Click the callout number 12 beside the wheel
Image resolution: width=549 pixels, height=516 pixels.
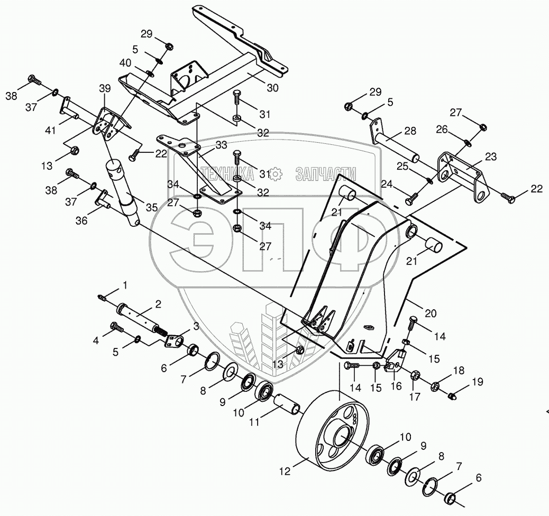click(285, 471)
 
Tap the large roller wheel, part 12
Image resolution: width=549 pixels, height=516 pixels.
click(332, 430)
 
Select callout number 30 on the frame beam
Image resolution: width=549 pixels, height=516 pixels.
click(272, 88)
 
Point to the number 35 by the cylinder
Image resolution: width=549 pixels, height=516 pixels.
click(152, 208)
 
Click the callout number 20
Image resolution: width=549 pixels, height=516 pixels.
click(431, 313)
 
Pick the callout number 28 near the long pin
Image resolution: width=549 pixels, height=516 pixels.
click(410, 131)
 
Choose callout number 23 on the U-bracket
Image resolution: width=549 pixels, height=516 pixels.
click(490, 156)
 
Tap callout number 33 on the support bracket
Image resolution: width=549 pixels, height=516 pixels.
click(221, 144)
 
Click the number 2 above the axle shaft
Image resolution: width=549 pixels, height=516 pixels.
click(158, 304)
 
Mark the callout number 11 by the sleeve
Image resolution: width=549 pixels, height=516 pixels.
click(254, 422)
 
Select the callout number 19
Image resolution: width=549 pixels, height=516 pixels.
click(478, 381)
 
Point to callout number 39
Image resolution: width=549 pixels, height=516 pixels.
click(104, 88)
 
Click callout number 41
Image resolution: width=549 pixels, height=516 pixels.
click(50, 131)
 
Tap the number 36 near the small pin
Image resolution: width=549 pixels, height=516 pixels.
click(82, 220)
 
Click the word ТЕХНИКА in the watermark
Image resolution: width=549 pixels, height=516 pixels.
click(227, 174)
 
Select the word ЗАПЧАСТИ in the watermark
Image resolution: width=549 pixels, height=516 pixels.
click(326, 174)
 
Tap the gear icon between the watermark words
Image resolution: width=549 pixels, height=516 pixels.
click(276, 173)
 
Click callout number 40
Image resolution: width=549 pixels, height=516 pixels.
click(125, 63)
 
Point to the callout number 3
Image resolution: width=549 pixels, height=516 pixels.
click(196, 326)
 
